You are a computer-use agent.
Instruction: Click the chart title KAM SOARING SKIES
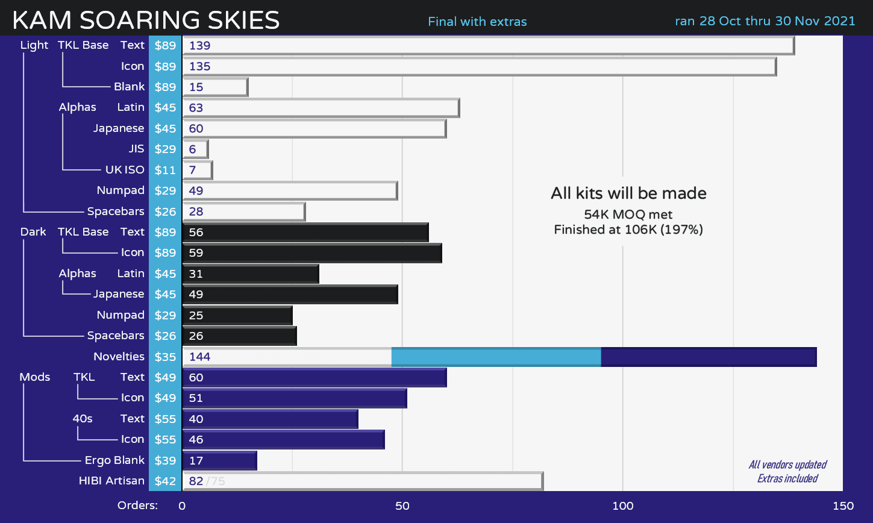pyautogui.click(x=146, y=20)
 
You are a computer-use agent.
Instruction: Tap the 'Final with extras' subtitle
pyautogui.click(x=477, y=22)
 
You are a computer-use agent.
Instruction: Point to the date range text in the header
pyautogui.click(x=765, y=21)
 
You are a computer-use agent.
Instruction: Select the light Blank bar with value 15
pyautogui.click(x=214, y=87)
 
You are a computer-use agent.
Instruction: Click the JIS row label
pyautogui.click(x=136, y=149)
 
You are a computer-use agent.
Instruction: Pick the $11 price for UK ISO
pyautogui.click(x=165, y=170)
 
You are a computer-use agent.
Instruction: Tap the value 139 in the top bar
pyautogui.click(x=199, y=46)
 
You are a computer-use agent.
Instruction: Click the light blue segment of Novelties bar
pyautogui.click(x=496, y=357)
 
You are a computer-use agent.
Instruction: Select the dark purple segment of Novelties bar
pyautogui.click(x=708, y=357)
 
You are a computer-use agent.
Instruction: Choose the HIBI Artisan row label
pyautogui.click(x=111, y=480)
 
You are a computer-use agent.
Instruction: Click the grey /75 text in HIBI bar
pyautogui.click(x=216, y=481)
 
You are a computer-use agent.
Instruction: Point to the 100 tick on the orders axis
pyautogui.click(x=622, y=506)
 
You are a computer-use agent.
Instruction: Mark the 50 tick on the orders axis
pyautogui.click(x=402, y=506)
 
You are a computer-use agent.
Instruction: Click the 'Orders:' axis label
pyautogui.click(x=137, y=506)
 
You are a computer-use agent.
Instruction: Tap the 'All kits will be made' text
pyautogui.click(x=628, y=193)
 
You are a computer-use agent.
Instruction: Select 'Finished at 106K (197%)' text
pyautogui.click(x=628, y=230)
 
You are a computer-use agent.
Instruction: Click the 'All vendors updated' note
pyautogui.click(x=787, y=465)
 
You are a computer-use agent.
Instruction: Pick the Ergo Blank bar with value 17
pyautogui.click(x=219, y=460)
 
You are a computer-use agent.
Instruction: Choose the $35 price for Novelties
pyautogui.click(x=165, y=357)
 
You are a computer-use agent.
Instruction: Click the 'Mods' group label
pyautogui.click(x=34, y=377)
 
